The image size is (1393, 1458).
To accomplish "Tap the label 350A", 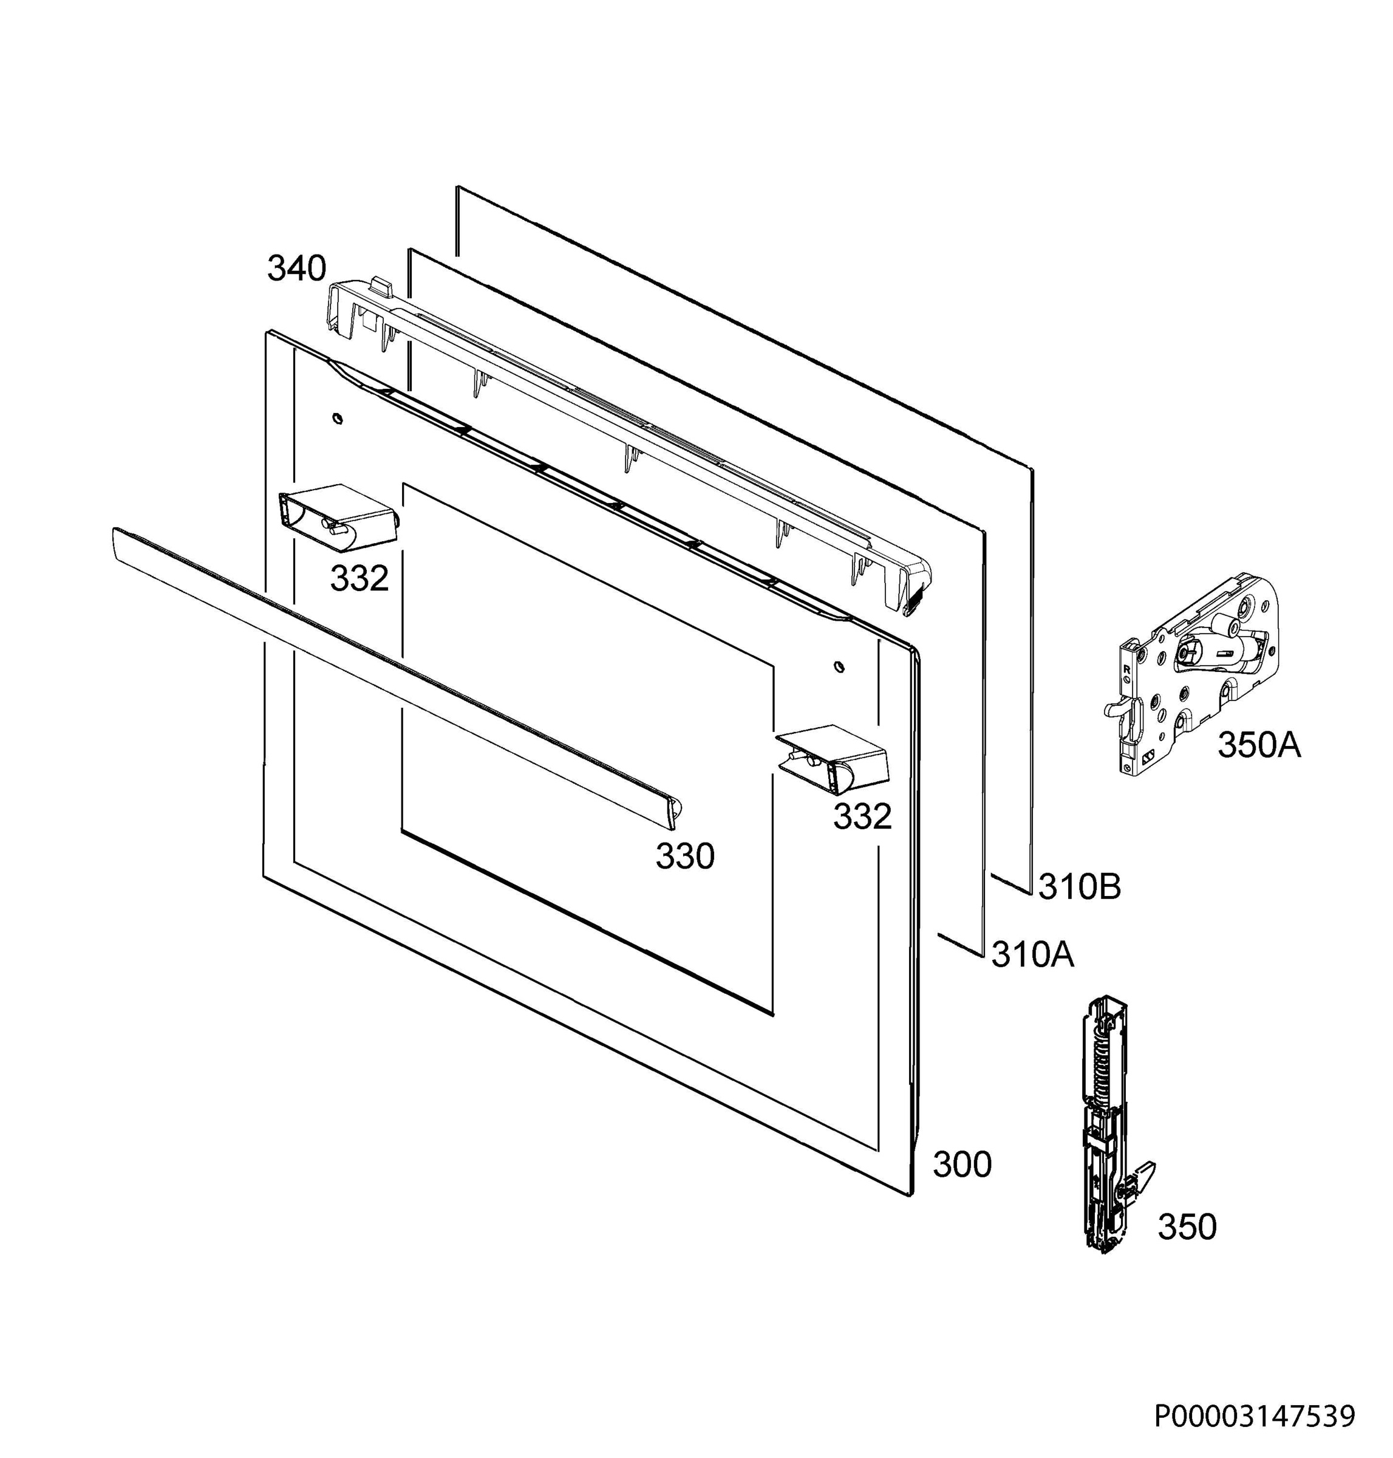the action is point(1259,745).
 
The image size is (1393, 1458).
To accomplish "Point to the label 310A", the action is point(1032,955).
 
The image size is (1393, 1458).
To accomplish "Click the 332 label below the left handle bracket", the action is point(359,578).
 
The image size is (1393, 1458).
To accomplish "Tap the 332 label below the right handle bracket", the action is point(862,817).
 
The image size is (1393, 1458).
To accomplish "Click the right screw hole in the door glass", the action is point(839,665).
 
